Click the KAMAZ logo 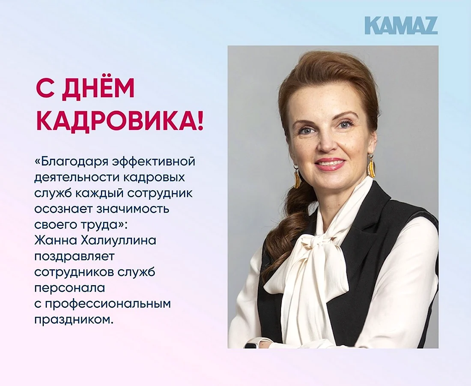point(401,26)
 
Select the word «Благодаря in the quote point(72,162)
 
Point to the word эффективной point(153,162)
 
